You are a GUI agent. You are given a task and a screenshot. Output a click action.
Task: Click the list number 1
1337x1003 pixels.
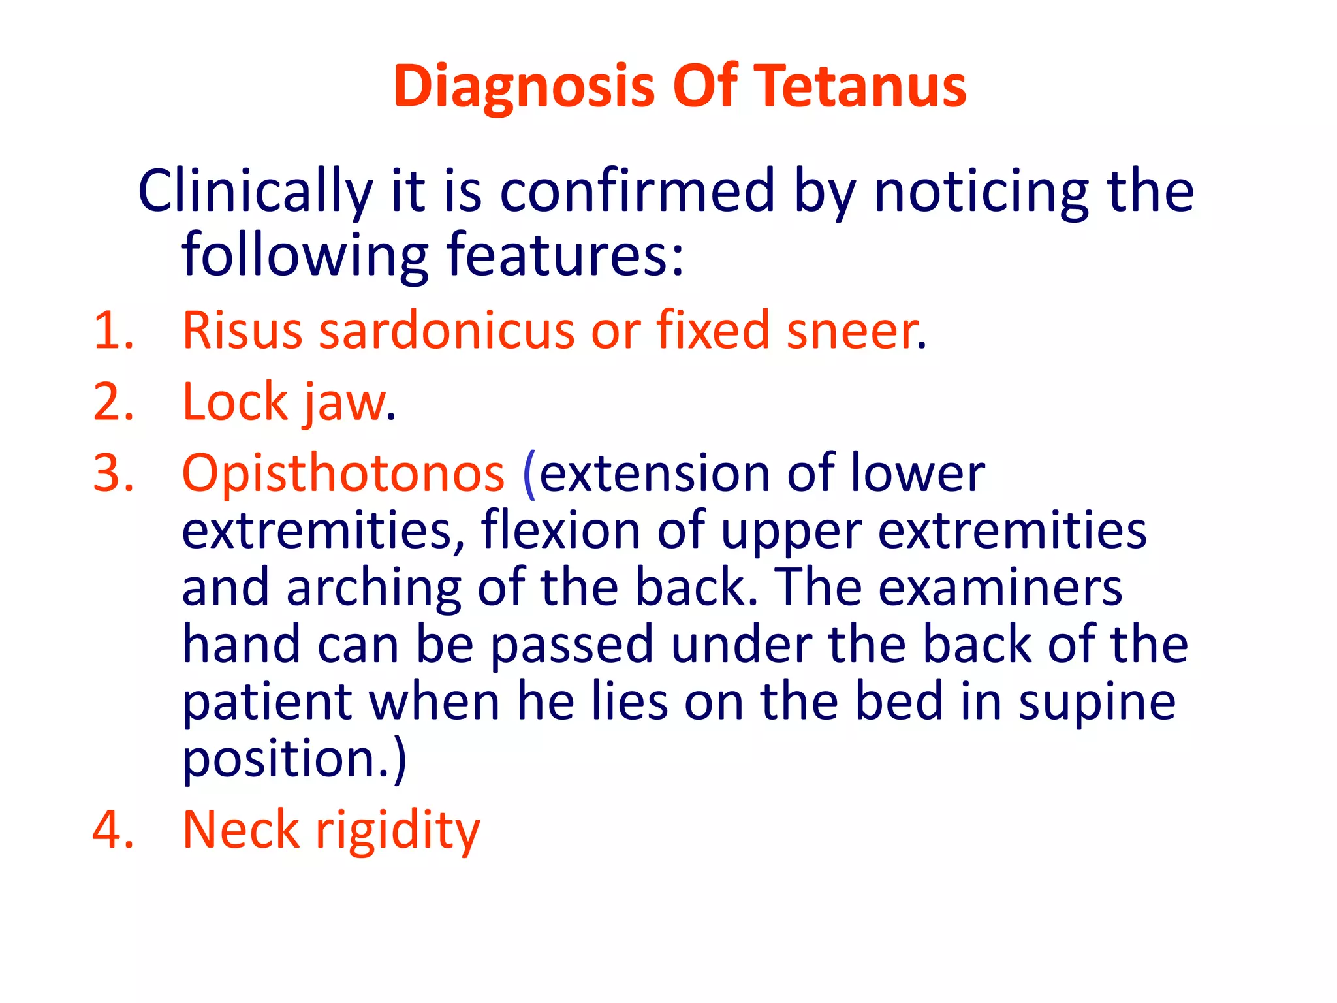click(112, 330)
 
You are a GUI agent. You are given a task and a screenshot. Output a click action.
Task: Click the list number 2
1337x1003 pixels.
click(112, 402)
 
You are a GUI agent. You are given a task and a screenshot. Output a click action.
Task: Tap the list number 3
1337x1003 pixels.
click(112, 473)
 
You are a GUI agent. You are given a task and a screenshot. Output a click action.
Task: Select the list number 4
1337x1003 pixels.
click(112, 829)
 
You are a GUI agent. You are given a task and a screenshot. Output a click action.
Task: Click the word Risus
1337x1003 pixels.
click(242, 330)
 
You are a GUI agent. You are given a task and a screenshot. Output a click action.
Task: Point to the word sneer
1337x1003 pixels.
click(853, 330)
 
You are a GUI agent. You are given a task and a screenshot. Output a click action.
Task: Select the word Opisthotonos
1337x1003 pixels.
click(343, 474)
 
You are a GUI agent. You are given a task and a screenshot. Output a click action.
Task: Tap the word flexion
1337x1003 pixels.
click(560, 530)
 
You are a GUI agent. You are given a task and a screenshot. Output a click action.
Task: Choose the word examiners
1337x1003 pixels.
click(999, 588)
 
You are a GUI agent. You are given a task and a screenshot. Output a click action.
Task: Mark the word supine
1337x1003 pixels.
click(1097, 703)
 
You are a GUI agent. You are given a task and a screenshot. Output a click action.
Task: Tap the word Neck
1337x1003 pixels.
click(240, 829)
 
